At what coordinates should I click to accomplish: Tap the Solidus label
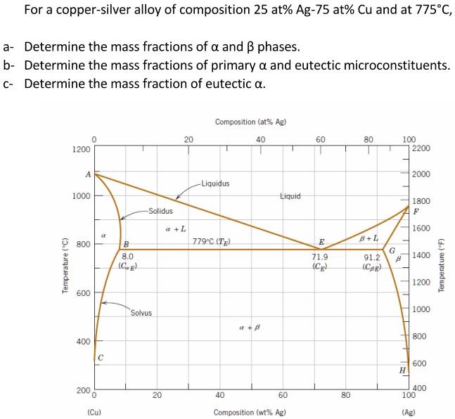160,210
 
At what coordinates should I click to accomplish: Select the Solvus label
141,313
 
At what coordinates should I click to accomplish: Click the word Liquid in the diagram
290,196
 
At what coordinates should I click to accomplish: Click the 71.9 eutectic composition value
319,257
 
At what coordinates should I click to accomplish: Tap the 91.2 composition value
372,257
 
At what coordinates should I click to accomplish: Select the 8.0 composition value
127,257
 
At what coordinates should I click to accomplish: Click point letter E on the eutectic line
321,242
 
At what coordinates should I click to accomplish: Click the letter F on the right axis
416,211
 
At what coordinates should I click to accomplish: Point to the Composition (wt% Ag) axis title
250,412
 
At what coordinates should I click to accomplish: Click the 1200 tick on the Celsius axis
81,149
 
